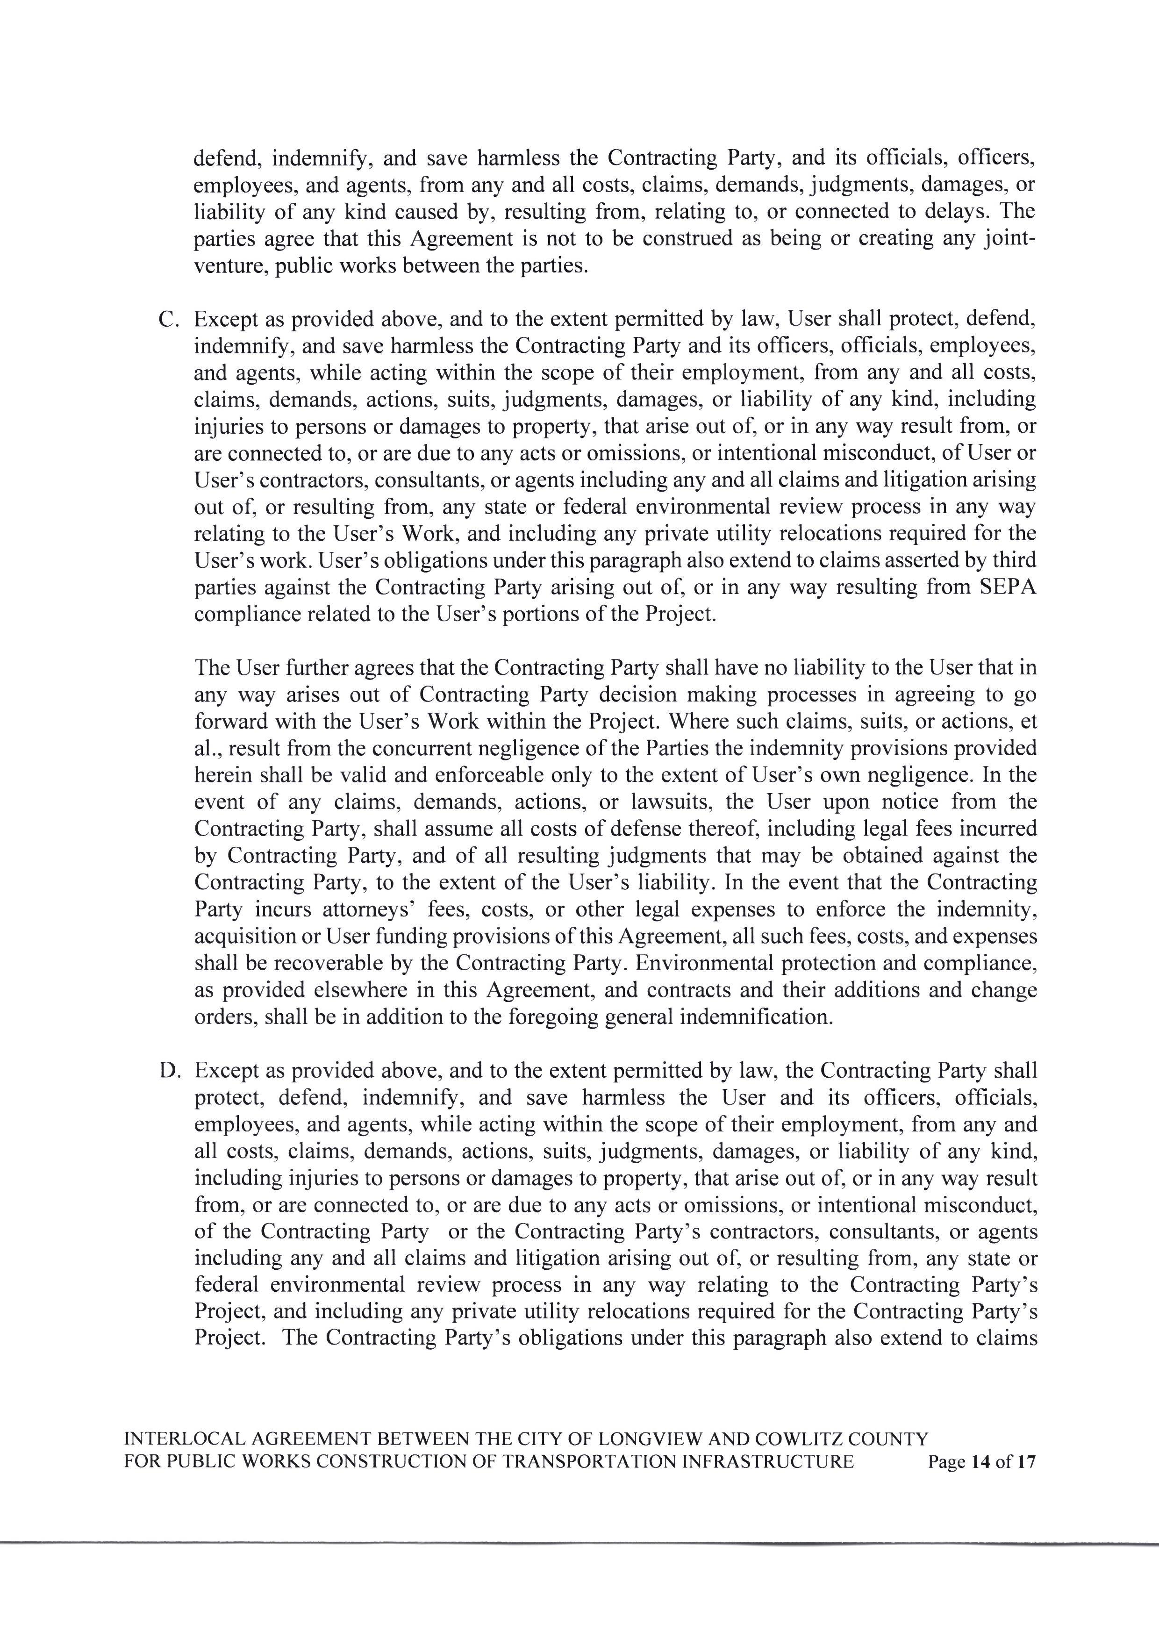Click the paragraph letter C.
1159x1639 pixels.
click(168, 320)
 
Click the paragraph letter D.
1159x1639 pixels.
click(168, 1071)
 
